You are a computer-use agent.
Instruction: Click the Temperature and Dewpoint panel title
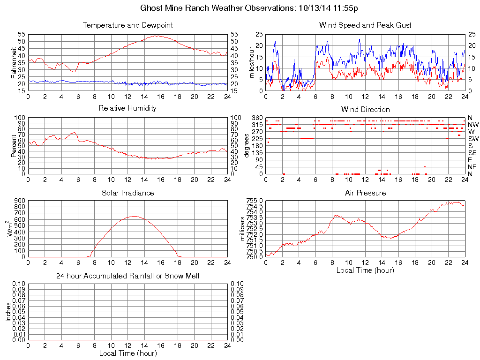coord(127,25)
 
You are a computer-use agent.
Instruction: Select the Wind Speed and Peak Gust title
coord(365,25)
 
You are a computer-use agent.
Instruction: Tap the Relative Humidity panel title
coord(127,108)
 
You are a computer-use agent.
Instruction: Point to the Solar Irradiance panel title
coord(127,193)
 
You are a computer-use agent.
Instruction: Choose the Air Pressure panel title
coord(365,193)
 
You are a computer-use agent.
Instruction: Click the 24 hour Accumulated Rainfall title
coord(127,276)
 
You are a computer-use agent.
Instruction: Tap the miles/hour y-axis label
coord(252,63)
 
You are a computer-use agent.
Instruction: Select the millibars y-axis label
coord(242,229)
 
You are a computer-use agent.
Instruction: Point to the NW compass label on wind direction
coord(472,125)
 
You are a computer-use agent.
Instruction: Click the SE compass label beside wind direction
coord(472,153)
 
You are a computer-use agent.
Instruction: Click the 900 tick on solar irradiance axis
coord(19,201)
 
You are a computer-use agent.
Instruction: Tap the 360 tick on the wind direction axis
coord(256,117)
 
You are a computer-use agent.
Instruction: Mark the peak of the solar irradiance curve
coord(135,216)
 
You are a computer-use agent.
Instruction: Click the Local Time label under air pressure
coord(365,270)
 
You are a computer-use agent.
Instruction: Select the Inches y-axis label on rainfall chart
coord(8,312)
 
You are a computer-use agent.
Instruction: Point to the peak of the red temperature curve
coord(157,36)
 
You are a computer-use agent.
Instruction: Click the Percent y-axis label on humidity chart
coord(14,146)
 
